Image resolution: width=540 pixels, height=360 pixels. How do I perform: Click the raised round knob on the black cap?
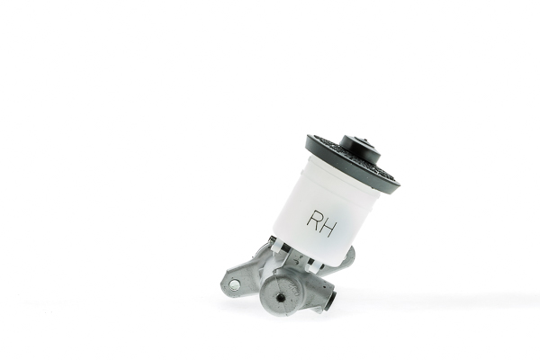[359, 149]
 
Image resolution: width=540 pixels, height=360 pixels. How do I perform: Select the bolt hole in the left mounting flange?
[234, 284]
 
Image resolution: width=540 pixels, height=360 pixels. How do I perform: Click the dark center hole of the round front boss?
[281, 297]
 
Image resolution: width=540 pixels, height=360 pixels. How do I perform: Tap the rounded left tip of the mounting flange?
[224, 286]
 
